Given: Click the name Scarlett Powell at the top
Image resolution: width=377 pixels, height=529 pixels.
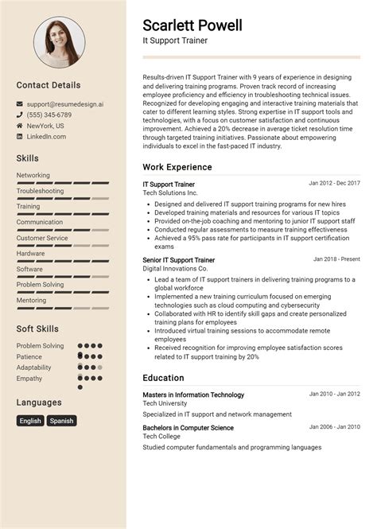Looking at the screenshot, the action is point(192,25).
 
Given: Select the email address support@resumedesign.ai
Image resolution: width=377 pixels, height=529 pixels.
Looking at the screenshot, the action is point(65,103).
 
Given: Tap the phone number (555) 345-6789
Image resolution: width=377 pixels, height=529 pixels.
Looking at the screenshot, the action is point(49,115).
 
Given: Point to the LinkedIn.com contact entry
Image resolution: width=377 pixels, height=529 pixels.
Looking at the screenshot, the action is point(46,137).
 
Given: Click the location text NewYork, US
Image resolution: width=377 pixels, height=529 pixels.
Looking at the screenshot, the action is point(45,126).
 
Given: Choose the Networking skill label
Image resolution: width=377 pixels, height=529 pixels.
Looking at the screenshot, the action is point(33,175).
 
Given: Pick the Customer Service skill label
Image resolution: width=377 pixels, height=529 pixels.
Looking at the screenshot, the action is point(42,238).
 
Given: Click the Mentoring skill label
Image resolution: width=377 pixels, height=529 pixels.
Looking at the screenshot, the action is point(32,300).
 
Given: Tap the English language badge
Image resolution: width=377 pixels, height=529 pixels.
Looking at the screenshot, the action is point(30,421).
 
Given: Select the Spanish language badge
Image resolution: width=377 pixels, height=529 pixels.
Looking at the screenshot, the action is point(61,421).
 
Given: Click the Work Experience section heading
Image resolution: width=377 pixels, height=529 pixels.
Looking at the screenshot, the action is point(177,167).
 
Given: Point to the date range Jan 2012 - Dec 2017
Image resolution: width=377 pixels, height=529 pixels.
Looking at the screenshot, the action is point(334,183).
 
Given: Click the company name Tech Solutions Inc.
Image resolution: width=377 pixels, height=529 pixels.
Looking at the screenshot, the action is point(170,193).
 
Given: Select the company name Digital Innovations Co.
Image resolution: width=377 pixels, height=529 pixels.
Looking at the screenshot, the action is point(175,269).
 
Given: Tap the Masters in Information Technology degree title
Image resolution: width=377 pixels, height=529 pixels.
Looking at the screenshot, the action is point(193,395).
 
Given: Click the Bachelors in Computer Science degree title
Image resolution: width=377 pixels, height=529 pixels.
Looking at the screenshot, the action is point(188,427).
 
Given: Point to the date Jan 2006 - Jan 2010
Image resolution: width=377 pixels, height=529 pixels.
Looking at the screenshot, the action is point(334,427).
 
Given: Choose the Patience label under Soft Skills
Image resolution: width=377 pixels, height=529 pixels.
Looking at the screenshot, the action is point(29,356).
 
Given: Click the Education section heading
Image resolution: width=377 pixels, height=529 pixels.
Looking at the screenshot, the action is point(163,378).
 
